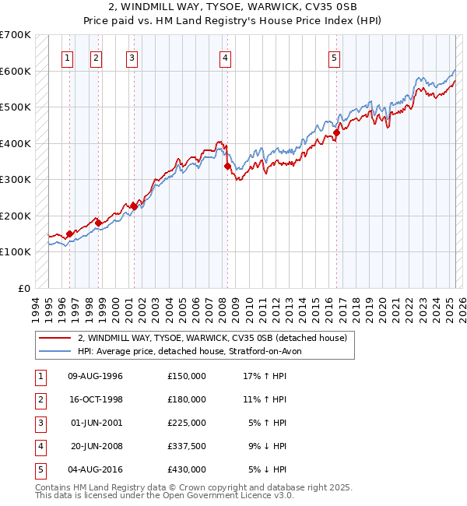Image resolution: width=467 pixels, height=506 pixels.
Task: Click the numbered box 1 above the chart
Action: pyautogui.click(x=68, y=58)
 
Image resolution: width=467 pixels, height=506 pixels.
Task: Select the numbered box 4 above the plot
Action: pyautogui.click(x=225, y=58)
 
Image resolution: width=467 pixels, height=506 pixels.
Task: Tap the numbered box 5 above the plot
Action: pyautogui.click(x=334, y=58)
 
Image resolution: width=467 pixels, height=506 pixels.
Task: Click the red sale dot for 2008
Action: pyautogui.click(x=227, y=166)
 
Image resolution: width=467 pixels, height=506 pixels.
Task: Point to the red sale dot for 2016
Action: pyautogui.click(x=337, y=132)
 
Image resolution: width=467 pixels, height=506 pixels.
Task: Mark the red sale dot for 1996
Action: pyautogui.click(x=69, y=234)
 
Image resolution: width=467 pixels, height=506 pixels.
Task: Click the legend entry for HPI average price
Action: pyautogui.click(x=195, y=351)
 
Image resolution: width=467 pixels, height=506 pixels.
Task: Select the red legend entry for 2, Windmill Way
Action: pyautogui.click(x=216, y=338)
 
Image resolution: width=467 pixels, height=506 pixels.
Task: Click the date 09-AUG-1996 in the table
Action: pyautogui.click(x=96, y=376)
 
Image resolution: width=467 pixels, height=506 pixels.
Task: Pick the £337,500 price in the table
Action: pyautogui.click(x=187, y=446)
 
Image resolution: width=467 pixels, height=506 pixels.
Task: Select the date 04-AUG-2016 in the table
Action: pyautogui.click(x=96, y=469)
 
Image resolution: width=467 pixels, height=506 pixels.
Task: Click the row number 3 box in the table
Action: pyautogui.click(x=38, y=423)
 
